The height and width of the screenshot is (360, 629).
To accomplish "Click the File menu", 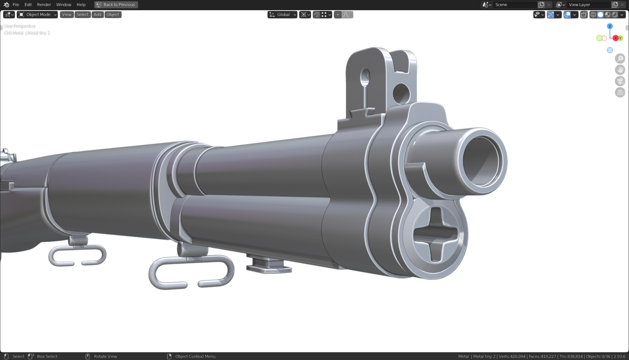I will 16,5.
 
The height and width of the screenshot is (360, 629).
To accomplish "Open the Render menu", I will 44,5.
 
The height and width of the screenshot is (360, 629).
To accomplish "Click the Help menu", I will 81,5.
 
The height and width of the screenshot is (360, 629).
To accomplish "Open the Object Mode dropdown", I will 38,15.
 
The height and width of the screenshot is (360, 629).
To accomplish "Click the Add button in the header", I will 97,15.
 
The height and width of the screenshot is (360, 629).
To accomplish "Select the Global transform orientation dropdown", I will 283,15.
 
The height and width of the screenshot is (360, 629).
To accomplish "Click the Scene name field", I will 514,5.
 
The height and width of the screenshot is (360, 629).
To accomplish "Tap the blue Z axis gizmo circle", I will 610,26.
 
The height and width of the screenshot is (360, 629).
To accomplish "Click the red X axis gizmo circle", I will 615,38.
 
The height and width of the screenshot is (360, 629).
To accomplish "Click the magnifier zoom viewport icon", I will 620,59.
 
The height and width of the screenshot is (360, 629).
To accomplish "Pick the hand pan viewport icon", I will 620,70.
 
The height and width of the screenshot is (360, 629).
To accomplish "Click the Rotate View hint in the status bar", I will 105,356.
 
